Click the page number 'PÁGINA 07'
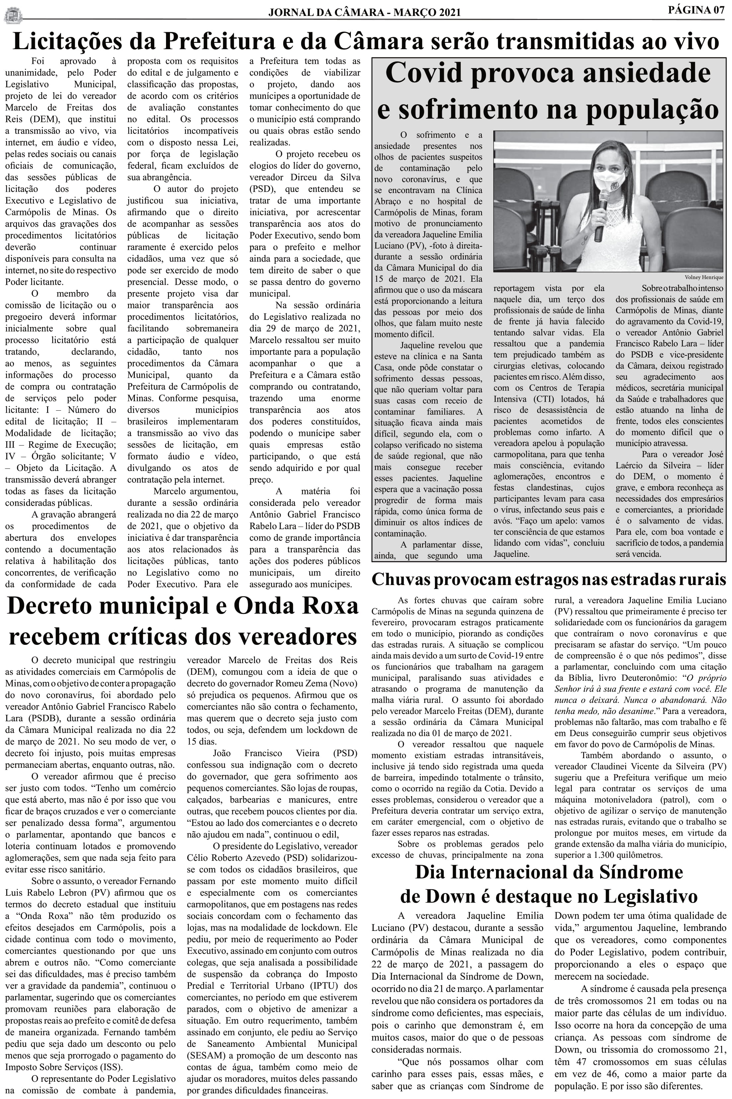tap(696, 10)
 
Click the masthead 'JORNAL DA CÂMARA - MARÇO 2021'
tap(364, 13)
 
